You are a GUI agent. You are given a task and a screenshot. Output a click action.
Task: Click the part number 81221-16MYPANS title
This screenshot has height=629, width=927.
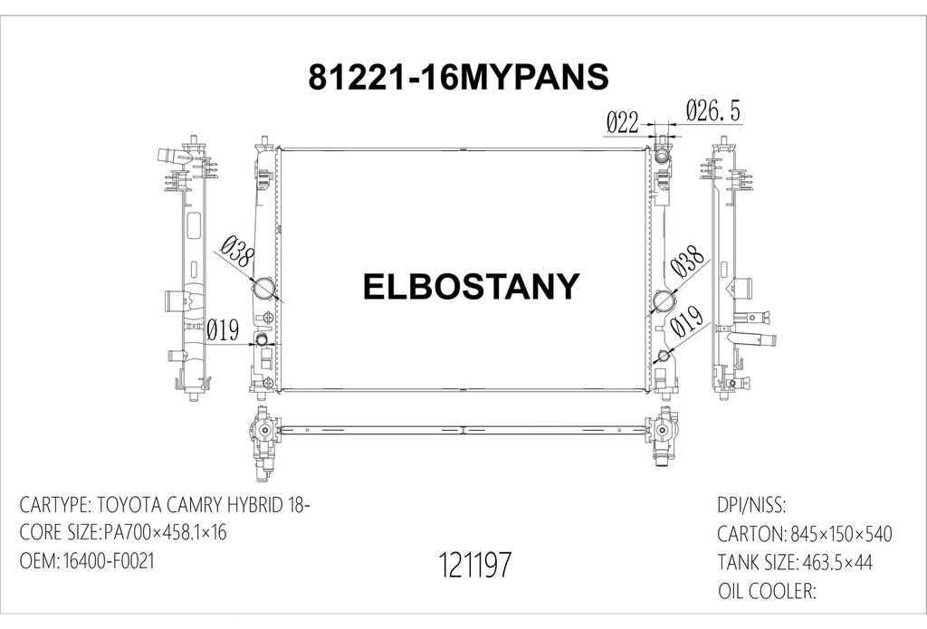click(x=458, y=78)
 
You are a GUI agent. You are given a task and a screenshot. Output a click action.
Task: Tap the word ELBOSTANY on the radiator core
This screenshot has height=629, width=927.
click(x=470, y=286)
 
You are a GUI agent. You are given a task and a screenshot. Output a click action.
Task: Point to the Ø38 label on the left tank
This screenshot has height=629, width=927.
click(x=238, y=253)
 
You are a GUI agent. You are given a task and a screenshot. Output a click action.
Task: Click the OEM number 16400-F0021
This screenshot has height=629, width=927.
click(x=108, y=561)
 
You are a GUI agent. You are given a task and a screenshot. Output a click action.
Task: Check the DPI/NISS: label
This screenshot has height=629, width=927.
click(x=750, y=505)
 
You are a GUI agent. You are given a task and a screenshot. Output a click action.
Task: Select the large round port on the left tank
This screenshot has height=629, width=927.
click(x=264, y=290)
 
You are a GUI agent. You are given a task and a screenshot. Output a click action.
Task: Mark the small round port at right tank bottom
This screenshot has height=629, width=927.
click(x=664, y=356)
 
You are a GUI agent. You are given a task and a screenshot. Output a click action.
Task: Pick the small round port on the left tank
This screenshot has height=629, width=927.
click(x=263, y=340)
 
